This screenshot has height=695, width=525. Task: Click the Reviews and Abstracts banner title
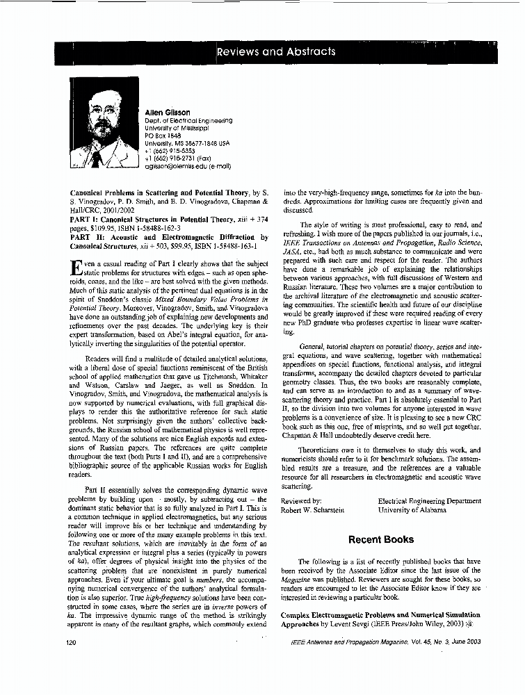pyautogui.click(x=276, y=51)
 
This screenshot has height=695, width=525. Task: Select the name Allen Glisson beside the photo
pyautogui.click(x=168, y=112)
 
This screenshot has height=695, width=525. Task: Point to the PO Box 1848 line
pyautogui.click(x=163, y=136)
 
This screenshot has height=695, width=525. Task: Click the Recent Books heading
pyautogui.click(x=380, y=539)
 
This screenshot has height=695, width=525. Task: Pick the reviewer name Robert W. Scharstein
pyautogui.click(x=314, y=509)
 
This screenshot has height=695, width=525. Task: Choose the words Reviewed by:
pyautogui.click(x=300, y=500)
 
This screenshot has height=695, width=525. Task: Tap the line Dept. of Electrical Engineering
pyautogui.click(x=188, y=120)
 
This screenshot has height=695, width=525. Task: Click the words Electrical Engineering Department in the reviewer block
pyautogui.click(x=429, y=500)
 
